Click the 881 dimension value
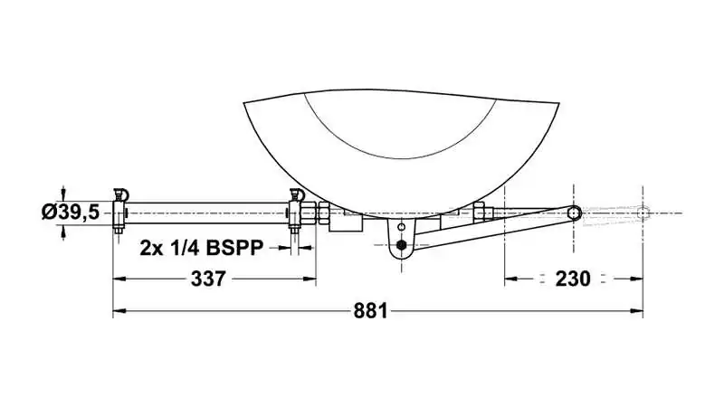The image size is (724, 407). tap(371, 311)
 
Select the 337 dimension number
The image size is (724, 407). tap(208, 279)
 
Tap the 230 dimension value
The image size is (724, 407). tap(573, 279)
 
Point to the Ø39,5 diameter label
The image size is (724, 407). tap(71, 213)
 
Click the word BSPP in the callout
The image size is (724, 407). tap(234, 248)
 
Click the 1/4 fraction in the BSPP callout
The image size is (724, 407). tap(185, 248)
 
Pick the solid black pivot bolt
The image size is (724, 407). tap(401, 245)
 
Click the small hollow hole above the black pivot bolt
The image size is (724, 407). tap(401, 227)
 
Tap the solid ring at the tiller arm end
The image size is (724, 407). tap(574, 213)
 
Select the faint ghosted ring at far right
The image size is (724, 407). tap(643, 213)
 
